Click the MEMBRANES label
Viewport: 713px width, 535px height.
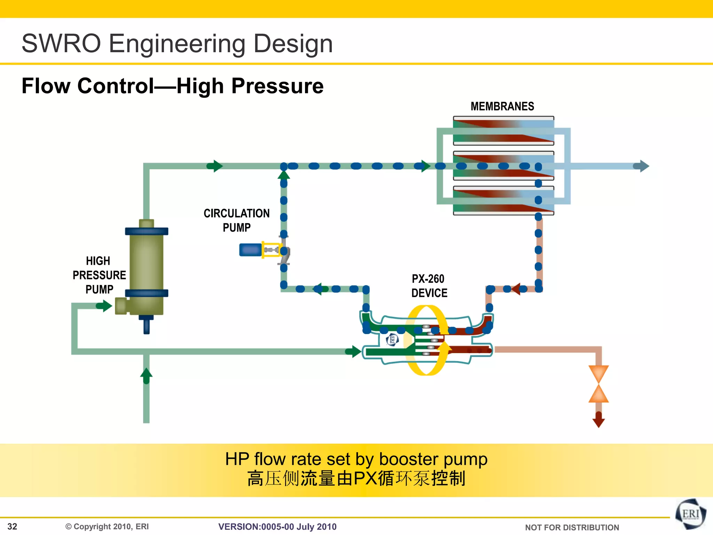tap(502, 106)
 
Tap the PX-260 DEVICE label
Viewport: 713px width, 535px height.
tap(429, 286)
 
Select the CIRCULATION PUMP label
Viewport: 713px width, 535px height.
tap(237, 220)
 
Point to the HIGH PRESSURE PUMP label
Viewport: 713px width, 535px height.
tap(99, 275)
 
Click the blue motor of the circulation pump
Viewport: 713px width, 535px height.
tap(250, 250)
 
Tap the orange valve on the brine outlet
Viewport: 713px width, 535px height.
tap(598, 384)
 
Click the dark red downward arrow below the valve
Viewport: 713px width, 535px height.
tap(598, 420)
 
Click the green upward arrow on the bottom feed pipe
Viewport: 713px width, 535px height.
tap(146, 375)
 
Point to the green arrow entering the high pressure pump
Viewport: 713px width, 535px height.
tap(104, 306)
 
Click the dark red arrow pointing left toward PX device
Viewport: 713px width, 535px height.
tap(516, 289)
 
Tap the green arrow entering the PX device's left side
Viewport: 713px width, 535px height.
tap(353, 351)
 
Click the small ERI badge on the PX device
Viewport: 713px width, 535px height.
tap(392, 340)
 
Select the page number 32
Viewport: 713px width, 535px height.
tap(12, 526)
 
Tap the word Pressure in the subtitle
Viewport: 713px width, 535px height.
tap(277, 86)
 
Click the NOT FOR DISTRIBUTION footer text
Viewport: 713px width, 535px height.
tap(572, 527)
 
